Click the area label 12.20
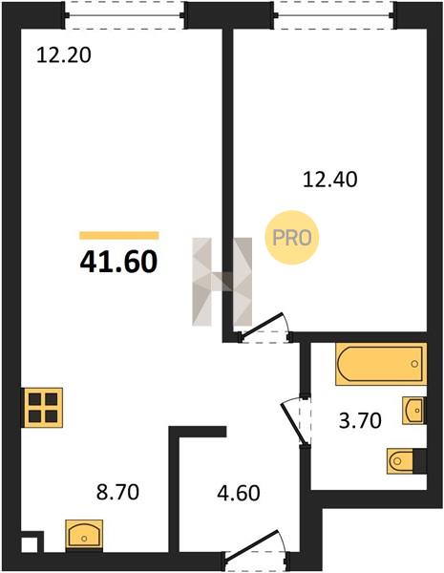click(x=64, y=56)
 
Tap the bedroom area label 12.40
click(x=330, y=180)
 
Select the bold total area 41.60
click(x=118, y=263)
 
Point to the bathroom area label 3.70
click(x=360, y=420)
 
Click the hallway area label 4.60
click(x=239, y=493)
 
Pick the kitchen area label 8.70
click(x=117, y=492)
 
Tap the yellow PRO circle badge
click(x=292, y=238)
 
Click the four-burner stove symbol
click(x=43, y=408)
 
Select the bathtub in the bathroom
click(x=381, y=364)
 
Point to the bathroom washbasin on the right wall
click(x=414, y=411)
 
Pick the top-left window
click(x=125, y=15)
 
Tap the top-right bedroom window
click(x=335, y=15)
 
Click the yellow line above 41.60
click(x=119, y=235)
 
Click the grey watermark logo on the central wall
click(x=222, y=282)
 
